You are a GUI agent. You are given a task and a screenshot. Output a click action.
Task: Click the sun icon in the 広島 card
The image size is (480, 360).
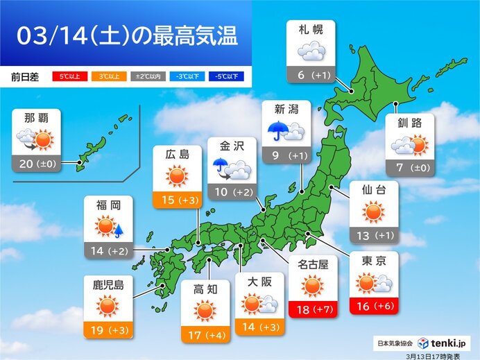178,177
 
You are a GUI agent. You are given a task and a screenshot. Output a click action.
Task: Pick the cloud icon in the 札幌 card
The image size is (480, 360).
310,52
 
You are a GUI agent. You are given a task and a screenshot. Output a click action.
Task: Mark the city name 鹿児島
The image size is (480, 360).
108,284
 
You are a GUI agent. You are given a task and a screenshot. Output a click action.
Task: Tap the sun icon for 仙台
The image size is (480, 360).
372,212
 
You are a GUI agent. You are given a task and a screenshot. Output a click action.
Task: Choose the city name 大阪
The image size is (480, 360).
259,281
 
